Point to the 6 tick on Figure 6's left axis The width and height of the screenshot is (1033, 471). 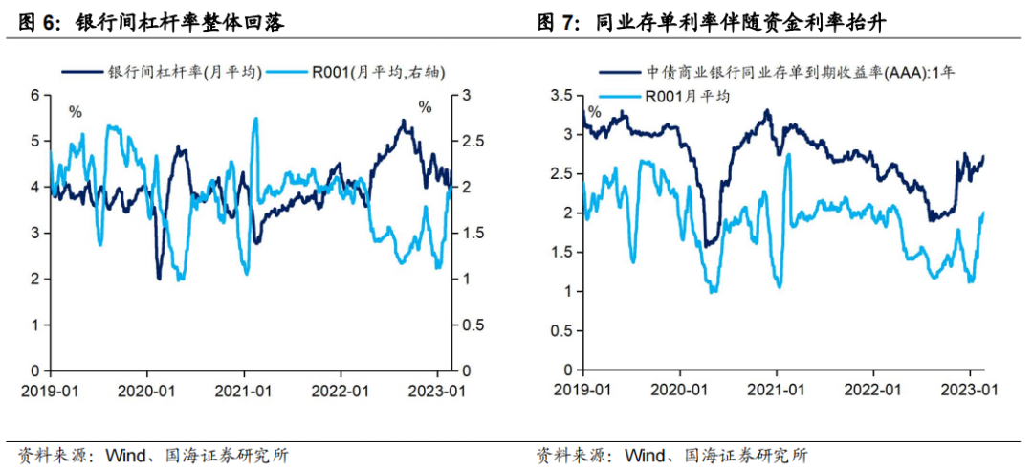point(35,95)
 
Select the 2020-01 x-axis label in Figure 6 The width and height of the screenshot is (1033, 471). point(146,391)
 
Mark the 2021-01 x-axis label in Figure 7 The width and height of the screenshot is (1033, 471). point(776,391)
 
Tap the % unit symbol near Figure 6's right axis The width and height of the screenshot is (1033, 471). point(426,107)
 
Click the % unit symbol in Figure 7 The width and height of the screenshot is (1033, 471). point(594,112)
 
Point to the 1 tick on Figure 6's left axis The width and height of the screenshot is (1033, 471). point(35,325)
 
